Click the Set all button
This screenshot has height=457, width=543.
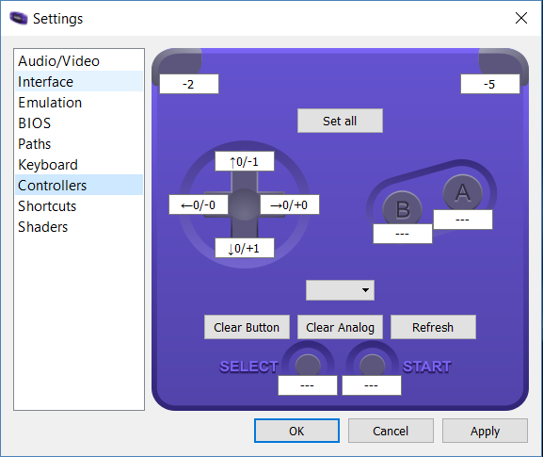340,121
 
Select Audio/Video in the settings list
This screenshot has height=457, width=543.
59,61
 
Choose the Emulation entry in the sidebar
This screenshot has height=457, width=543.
50,103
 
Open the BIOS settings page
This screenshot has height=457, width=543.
34,123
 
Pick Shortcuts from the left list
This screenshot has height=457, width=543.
47,206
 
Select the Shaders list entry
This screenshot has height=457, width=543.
43,227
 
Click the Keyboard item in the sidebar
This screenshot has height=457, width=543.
48,165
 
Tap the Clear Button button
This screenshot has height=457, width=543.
247,327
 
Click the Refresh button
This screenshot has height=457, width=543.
433,327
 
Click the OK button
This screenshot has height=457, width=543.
296,431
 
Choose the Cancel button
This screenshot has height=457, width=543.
391,431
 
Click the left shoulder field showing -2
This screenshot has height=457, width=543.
189,84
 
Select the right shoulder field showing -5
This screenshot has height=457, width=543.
490,84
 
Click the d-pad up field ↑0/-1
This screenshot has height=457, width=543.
245,161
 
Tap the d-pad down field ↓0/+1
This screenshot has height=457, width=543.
245,248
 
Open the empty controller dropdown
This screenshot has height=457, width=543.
340,290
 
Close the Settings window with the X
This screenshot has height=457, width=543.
520,18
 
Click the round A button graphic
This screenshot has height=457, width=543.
463,192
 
